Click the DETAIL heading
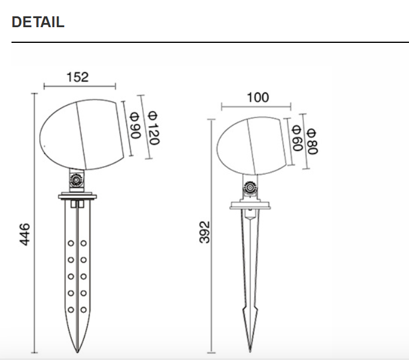(37, 22)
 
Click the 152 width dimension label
(77, 77)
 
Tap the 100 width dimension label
(258, 97)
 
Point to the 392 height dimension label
(204, 232)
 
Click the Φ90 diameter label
(135, 126)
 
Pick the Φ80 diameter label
(311, 141)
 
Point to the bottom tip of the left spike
(77, 352)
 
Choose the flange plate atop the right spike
(250, 207)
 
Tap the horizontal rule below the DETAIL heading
(210, 42)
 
